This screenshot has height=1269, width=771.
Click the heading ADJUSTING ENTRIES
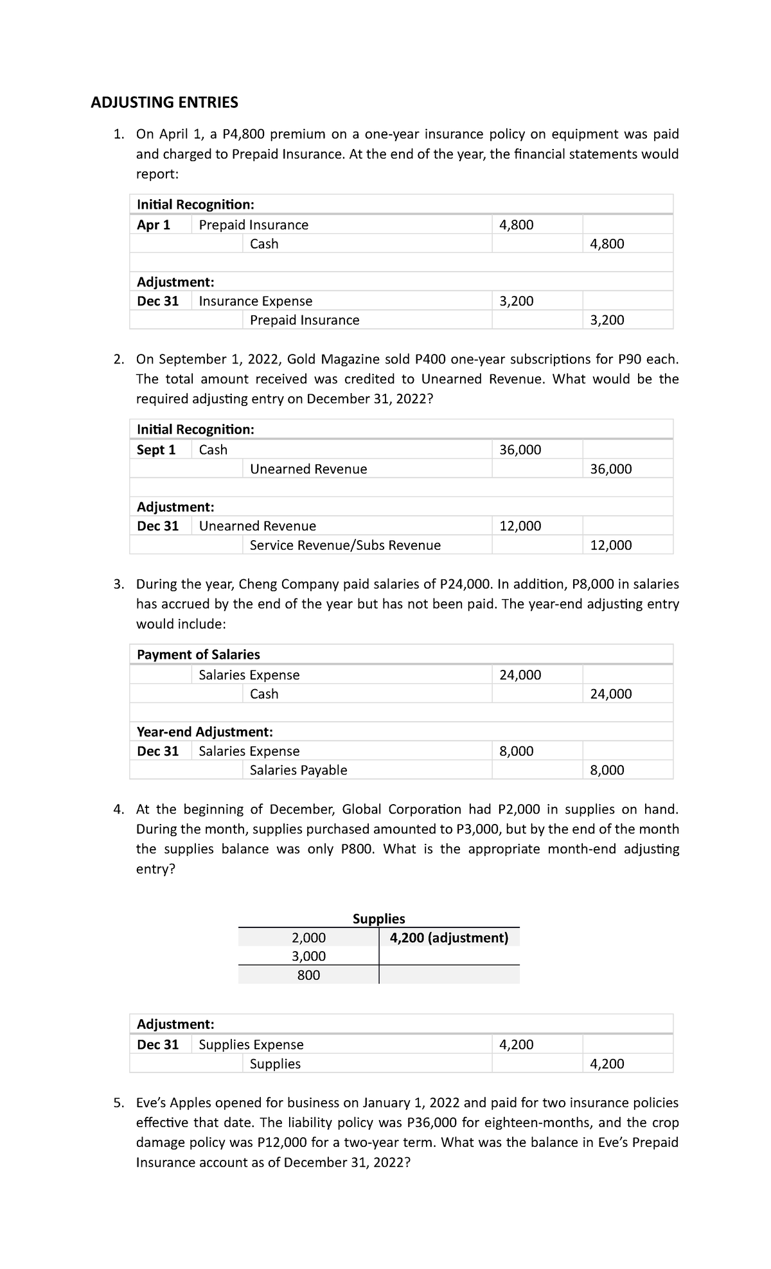click(x=164, y=102)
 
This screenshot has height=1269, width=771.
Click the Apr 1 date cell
click(x=154, y=225)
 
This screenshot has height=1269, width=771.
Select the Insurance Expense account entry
click(x=256, y=301)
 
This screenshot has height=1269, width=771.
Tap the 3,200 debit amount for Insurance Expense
click(x=517, y=301)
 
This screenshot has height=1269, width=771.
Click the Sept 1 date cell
click(x=156, y=450)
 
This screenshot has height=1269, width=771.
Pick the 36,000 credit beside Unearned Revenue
click(x=611, y=469)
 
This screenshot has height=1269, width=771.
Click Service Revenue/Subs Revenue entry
click(x=345, y=545)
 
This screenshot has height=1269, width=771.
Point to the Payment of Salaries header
click(x=199, y=654)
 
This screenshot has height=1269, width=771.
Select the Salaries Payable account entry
click(x=298, y=770)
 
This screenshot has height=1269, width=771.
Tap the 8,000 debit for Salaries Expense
click(x=517, y=751)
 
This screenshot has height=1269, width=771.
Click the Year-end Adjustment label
click(x=205, y=732)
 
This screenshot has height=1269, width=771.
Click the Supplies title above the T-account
click(x=379, y=918)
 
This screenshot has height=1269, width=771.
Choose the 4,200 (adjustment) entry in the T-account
click(x=449, y=938)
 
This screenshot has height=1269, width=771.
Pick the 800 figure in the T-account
click(x=308, y=975)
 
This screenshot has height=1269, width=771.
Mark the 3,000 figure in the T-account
click(x=308, y=956)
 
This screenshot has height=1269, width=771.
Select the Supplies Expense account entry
click(x=251, y=1044)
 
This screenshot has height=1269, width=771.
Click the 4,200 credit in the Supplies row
click(x=607, y=1063)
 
